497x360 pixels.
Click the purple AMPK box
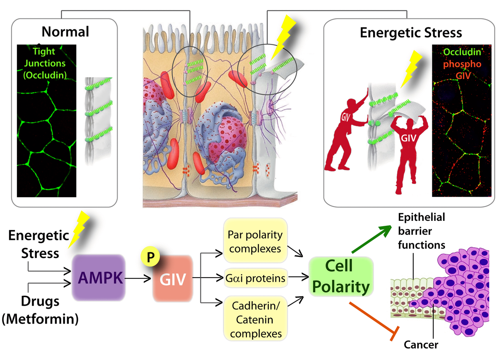coord(99,278)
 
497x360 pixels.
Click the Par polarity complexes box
coord(255,241)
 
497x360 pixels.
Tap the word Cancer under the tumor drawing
coord(421,344)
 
